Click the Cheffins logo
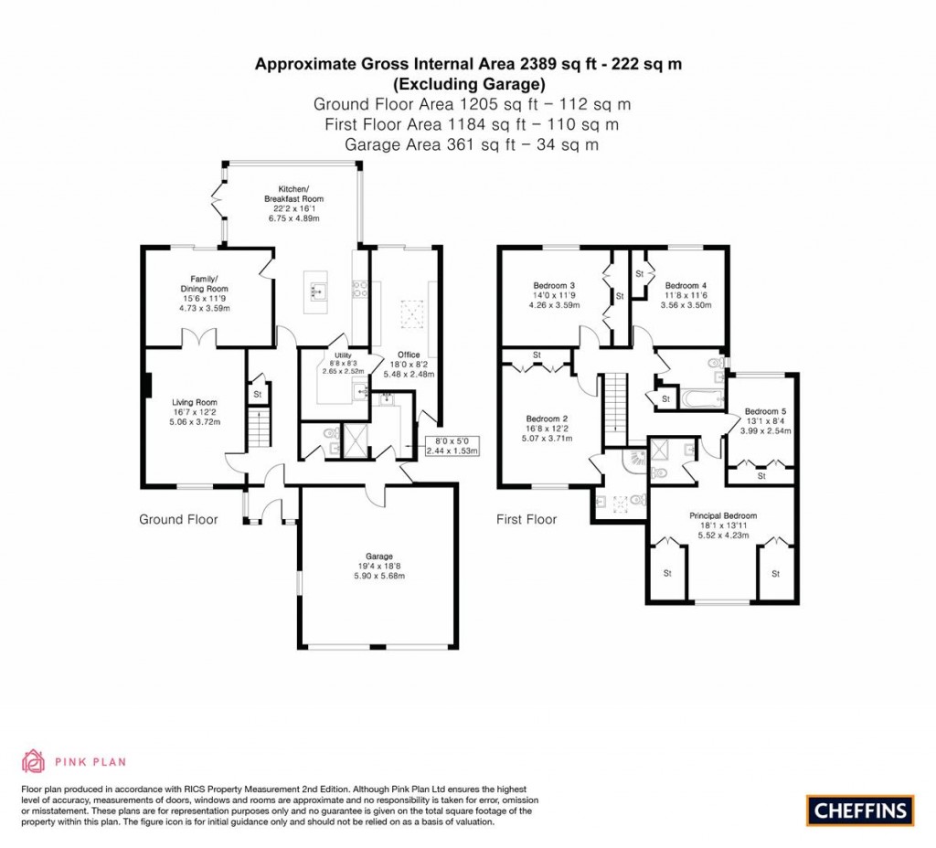coord(859,810)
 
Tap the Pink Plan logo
coord(73,760)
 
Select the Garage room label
coord(379,556)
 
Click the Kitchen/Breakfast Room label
coord(293,194)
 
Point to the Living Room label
coord(195,401)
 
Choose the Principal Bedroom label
coord(722,516)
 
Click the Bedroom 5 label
coord(767,411)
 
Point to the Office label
coord(409,354)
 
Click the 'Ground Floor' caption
coord(178,519)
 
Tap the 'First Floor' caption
coord(526,519)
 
